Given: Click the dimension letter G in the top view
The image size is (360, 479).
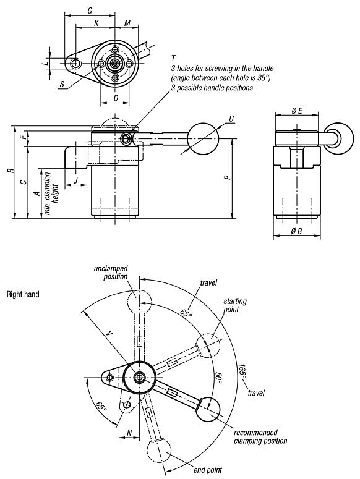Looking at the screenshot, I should tap(90, 11).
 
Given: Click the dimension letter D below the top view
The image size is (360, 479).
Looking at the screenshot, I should tap(116, 98).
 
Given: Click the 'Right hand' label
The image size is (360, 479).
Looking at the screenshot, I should tap(23, 294).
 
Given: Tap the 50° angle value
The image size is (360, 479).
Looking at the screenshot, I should tap(218, 376).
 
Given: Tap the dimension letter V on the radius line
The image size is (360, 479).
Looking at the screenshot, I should tap(109, 334).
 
